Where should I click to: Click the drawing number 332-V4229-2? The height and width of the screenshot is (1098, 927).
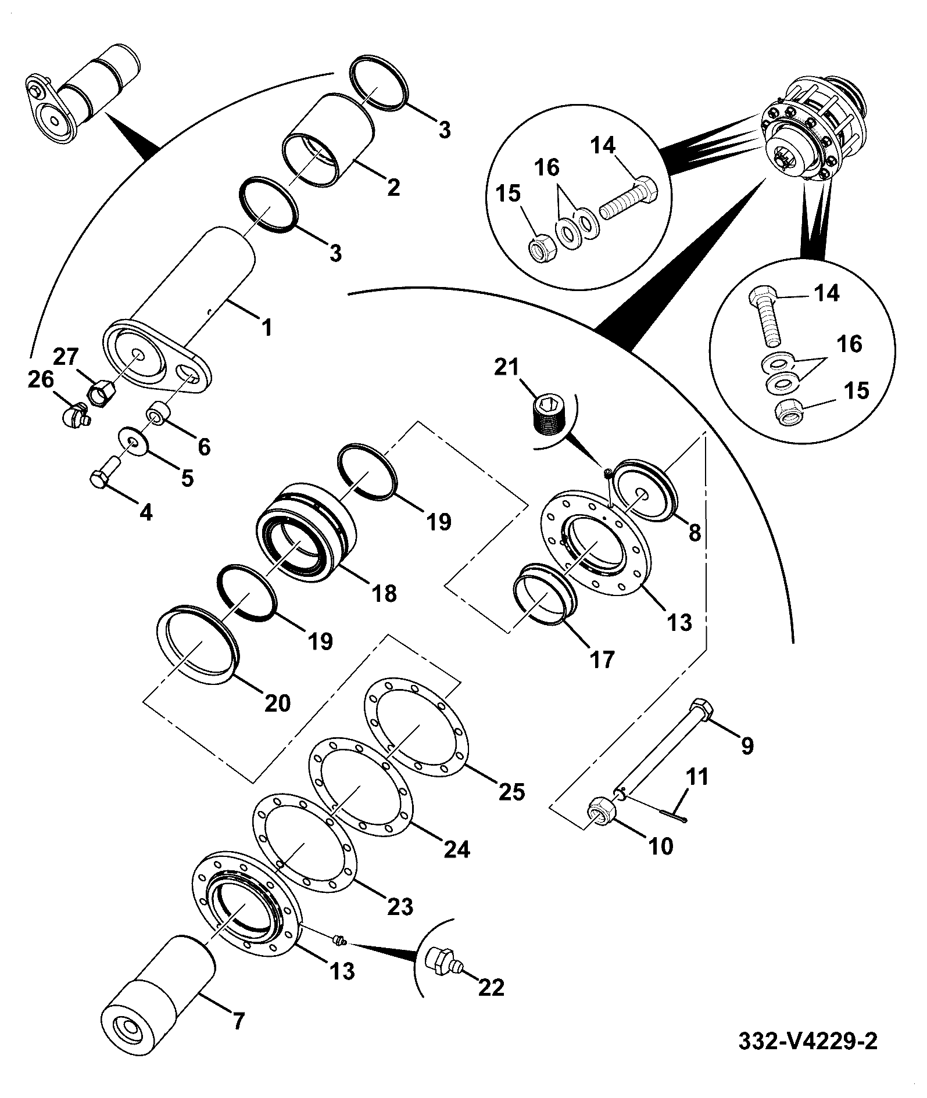(x=807, y=1041)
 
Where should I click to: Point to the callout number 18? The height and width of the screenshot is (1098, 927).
(x=382, y=593)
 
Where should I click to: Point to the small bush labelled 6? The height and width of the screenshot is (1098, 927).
(x=159, y=411)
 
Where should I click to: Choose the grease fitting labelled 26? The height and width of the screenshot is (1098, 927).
(x=74, y=415)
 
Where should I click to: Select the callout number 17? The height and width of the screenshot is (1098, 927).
(x=602, y=659)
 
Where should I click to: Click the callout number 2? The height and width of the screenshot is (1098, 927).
(x=393, y=187)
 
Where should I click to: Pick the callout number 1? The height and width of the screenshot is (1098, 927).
(x=267, y=328)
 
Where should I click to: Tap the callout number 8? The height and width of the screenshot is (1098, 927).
(x=695, y=532)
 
